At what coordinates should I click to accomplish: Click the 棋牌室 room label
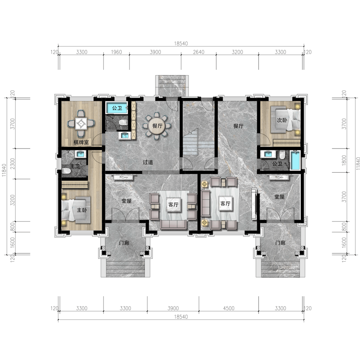[x=81, y=142]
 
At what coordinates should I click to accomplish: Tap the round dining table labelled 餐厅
[x=157, y=126]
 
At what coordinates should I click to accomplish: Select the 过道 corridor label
[x=148, y=162]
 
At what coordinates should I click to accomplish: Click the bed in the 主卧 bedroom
[x=76, y=209]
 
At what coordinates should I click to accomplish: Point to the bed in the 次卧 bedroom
[x=285, y=119]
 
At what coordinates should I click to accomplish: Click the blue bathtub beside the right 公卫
[x=295, y=160]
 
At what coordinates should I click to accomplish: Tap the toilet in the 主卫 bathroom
[x=66, y=171]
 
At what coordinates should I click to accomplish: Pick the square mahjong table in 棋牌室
[x=81, y=124]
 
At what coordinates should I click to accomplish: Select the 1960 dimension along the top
[x=116, y=52]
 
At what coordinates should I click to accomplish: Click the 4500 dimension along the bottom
[x=229, y=308]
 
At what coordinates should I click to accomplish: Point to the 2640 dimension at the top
[x=198, y=52]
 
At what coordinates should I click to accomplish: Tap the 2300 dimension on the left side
[x=12, y=163]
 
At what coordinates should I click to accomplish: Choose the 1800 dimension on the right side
[x=344, y=160]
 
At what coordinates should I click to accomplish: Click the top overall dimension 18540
[x=181, y=43]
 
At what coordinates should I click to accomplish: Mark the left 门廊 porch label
[x=124, y=243]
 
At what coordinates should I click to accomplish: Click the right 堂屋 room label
[x=279, y=197]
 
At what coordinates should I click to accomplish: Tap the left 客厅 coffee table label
[x=173, y=204]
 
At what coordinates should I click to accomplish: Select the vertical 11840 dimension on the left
[x=4, y=170]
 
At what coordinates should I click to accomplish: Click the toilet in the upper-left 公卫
[x=124, y=122]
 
